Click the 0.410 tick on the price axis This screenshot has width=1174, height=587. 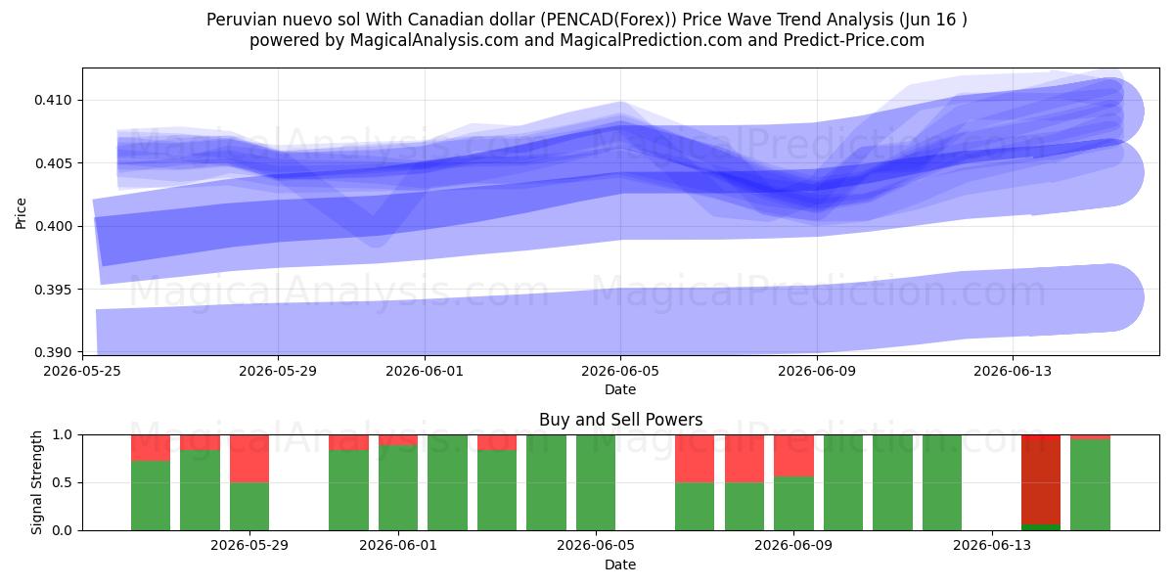(x=53, y=100)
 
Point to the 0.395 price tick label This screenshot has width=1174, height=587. (x=53, y=290)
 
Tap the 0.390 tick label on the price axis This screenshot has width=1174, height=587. (x=53, y=352)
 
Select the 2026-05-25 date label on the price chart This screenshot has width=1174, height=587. (x=82, y=371)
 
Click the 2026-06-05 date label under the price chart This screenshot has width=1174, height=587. (x=620, y=371)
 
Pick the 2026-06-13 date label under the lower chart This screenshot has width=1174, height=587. (x=992, y=545)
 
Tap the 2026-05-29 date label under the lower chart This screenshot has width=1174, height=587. (x=249, y=545)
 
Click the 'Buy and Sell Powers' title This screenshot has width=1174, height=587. (x=620, y=420)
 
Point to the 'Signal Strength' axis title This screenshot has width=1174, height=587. (x=36, y=482)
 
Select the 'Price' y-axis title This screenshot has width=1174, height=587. (x=21, y=213)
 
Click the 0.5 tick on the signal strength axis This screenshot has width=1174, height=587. (x=63, y=482)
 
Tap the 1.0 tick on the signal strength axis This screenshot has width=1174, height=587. (x=63, y=434)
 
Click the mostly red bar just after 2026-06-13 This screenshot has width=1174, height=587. (x=1041, y=482)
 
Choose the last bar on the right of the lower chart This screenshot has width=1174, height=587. (x=1090, y=482)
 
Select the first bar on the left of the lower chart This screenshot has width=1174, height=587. (x=151, y=482)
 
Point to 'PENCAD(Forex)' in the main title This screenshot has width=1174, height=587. (x=609, y=20)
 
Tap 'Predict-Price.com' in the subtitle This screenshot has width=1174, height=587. (x=854, y=40)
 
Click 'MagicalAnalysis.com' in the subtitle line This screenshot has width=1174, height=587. (x=434, y=40)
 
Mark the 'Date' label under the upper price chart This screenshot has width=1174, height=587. (x=620, y=389)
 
